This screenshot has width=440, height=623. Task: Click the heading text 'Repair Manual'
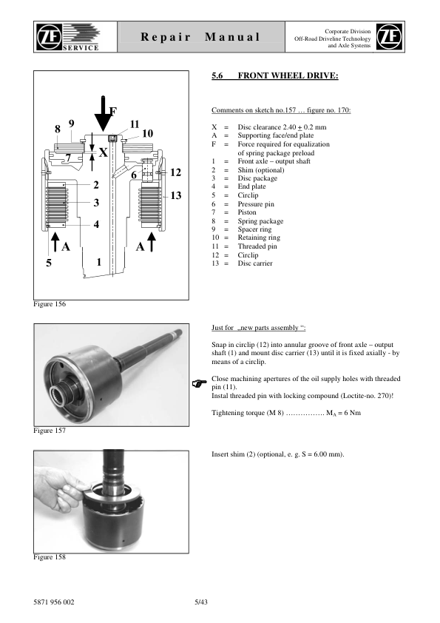point(200,37)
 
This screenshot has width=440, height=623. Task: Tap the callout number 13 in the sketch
point(176,195)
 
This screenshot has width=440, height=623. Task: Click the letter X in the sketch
point(104,152)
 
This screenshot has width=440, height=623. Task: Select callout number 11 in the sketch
point(135,124)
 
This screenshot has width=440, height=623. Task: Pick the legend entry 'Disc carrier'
point(255,263)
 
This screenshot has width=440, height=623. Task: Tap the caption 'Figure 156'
point(50,304)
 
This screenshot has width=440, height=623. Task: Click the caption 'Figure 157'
point(50,428)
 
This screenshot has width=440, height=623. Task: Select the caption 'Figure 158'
point(50,557)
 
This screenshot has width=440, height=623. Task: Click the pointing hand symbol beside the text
point(197,384)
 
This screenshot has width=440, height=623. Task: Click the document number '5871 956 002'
point(54,602)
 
